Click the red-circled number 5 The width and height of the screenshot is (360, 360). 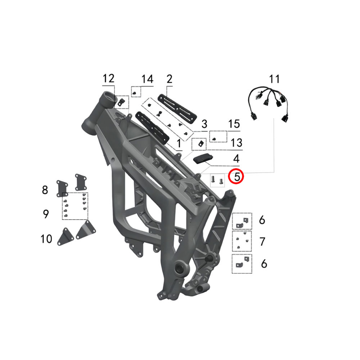coord(237,176)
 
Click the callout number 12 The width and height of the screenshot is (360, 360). coord(108,78)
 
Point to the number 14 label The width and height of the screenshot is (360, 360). coord(147,79)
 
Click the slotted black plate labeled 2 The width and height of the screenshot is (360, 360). coord(177,110)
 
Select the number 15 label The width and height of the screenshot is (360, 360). coord(234,124)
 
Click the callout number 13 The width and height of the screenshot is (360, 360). coord(236,143)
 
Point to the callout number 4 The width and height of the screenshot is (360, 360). coord(236,159)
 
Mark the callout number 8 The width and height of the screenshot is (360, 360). coord(45,190)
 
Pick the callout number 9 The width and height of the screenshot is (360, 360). coord(46,214)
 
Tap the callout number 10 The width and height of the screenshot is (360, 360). coord(46,239)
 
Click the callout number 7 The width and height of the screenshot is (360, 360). coord(262,242)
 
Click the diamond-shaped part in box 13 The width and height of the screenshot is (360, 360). coord(201,144)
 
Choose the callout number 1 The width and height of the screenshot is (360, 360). coord(179,144)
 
